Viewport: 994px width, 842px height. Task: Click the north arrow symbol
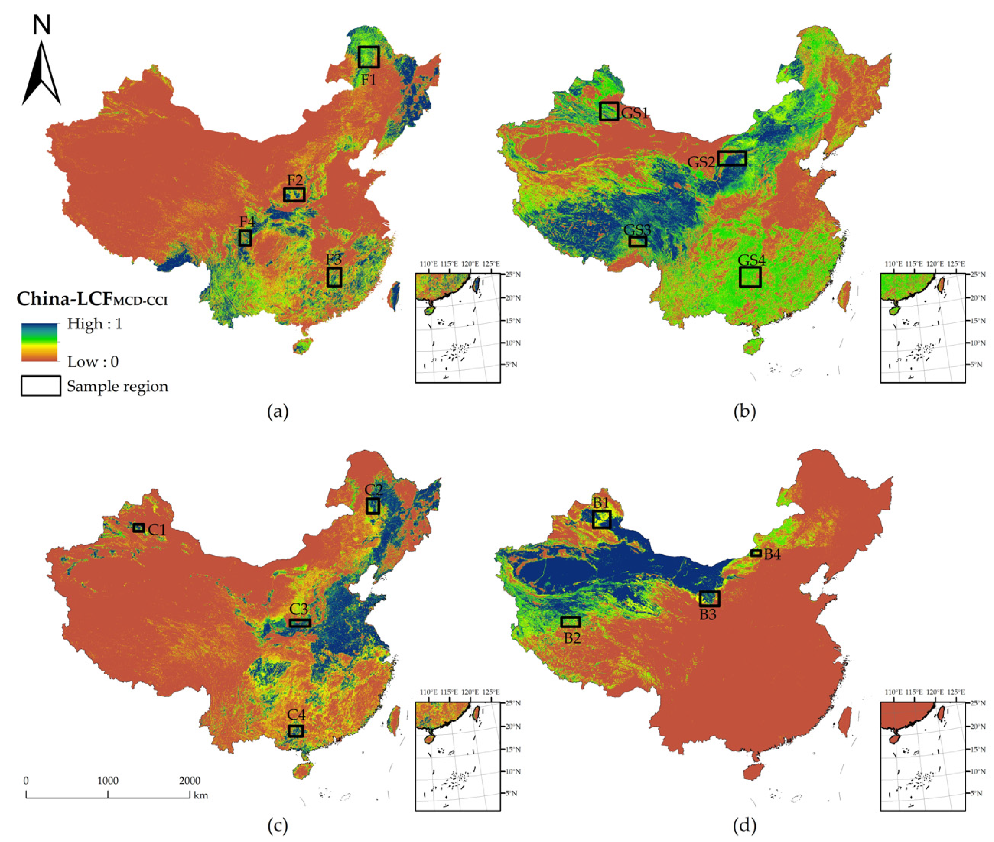tap(42, 72)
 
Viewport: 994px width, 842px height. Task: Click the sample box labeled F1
tap(369, 57)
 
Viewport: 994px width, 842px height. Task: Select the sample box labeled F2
tap(294, 194)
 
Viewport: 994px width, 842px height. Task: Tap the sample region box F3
tap(334, 277)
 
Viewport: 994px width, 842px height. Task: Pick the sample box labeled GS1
tap(609, 111)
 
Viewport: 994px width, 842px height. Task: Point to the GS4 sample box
tap(750, 277)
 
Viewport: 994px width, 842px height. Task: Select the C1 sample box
tap(138, 527)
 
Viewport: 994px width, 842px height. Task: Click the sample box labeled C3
tap(300, 623)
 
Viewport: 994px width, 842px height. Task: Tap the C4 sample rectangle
tap(296, 731)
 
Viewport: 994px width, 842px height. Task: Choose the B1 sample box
tap(602, 519)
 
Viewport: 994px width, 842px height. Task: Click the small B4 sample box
tap(756, 553)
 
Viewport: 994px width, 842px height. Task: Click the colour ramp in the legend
tap(39, 342)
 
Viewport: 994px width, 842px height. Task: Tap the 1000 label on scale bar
tap(108, 781)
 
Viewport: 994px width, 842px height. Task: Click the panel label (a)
tap(278, 411)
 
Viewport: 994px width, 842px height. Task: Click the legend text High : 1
tap(94, 323)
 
